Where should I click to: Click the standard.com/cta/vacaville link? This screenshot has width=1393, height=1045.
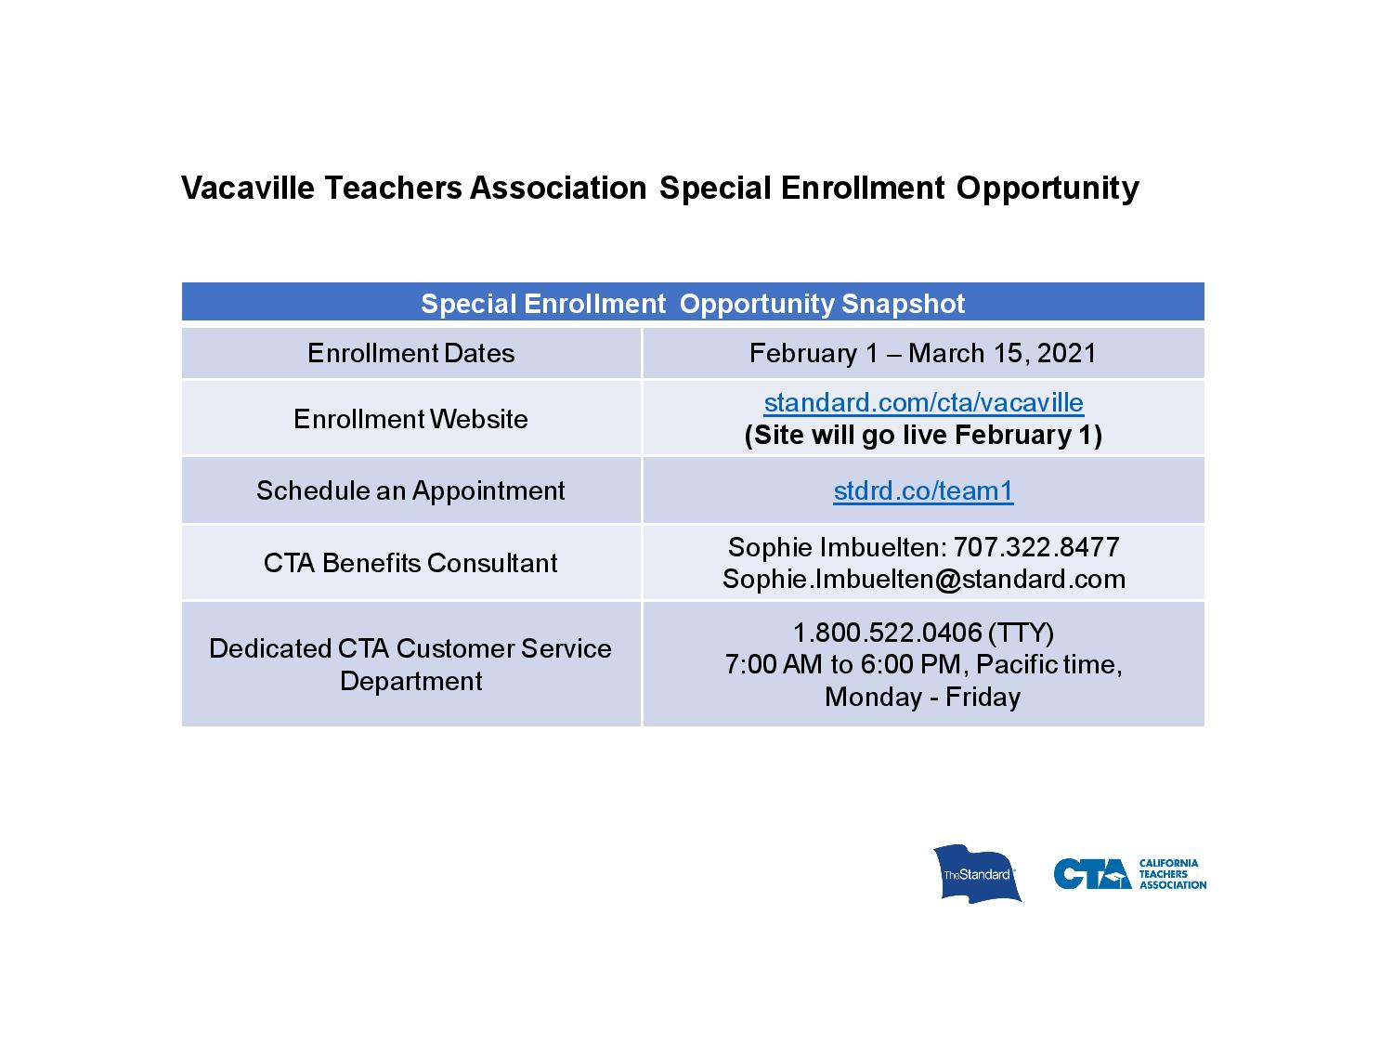(923, 403)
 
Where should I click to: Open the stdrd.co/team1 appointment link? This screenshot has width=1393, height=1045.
(923, 490)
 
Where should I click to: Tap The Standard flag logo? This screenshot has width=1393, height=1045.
(977, 873)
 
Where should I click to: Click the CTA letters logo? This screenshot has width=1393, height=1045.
(1092, 874)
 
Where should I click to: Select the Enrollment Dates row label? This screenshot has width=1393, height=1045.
(410, 353)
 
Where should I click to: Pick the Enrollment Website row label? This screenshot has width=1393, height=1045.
(410, 419)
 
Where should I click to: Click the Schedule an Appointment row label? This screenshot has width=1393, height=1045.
(410, 491)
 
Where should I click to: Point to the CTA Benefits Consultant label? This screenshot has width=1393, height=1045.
(410, 563)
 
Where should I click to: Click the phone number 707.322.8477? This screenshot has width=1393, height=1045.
(1036, 547)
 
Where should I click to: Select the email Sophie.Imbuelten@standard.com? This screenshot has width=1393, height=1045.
(923, 580)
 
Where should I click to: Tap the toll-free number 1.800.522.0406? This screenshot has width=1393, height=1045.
(887, 633)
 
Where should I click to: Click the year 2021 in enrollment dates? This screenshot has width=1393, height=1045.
(1066, 353)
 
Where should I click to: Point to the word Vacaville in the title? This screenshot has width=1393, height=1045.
(248, 188)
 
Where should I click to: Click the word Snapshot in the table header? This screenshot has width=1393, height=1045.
(903, 304)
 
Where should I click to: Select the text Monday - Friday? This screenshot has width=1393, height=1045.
(923, 698)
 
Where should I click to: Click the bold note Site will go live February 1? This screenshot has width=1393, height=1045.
(923, 436)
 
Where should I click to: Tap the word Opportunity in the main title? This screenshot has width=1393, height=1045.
(1048, 189)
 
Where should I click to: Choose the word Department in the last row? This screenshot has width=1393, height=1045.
(410, 682)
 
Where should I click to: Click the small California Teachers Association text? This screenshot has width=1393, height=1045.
(1172, 874)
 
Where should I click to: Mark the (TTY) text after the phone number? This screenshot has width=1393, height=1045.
(1021, 634)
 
